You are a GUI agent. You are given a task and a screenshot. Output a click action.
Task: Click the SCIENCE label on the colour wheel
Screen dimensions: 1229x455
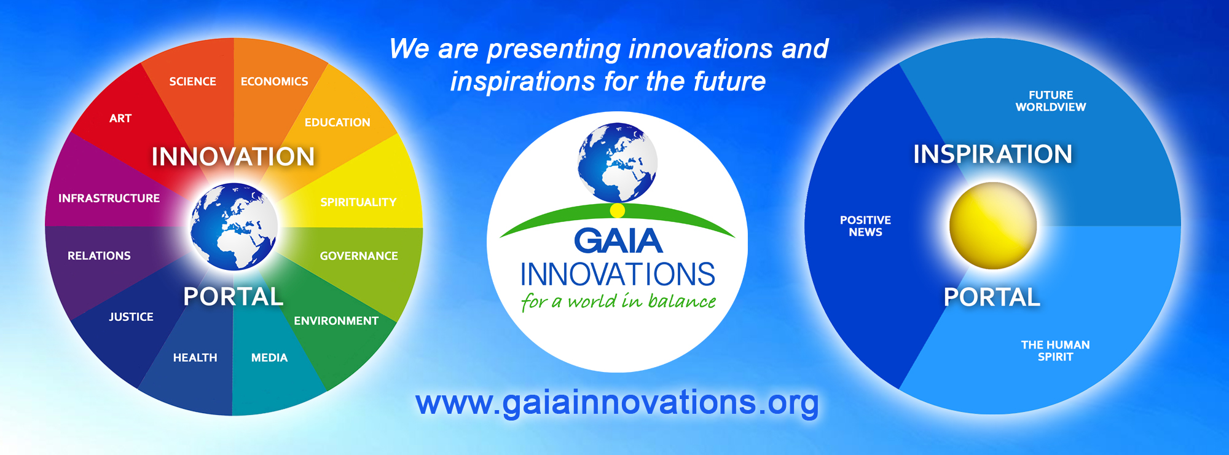tap(192, 81)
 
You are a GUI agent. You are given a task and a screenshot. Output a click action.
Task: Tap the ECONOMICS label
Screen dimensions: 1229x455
tap(274, 81)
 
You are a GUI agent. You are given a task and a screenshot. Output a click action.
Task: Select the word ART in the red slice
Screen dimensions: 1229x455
tap(120, 118)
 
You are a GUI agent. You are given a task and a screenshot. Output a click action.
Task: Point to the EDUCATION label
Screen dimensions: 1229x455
tap(337, 122)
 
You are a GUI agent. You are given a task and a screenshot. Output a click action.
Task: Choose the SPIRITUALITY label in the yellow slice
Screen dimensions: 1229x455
tap(358, 202)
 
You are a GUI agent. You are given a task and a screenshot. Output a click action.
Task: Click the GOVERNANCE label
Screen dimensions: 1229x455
tap(359, 256)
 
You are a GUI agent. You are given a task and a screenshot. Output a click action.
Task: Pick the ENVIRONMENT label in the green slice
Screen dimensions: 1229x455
tap(336, 321)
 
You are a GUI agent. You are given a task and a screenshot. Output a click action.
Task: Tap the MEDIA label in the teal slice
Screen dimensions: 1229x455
tap(269, 358)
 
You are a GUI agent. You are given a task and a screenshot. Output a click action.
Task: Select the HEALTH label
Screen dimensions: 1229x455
tap(195, 358)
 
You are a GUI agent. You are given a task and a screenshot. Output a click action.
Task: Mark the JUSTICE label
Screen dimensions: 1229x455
tap(131, 317)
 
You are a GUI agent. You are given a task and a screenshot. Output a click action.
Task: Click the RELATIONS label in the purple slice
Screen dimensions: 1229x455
tap(99, 256)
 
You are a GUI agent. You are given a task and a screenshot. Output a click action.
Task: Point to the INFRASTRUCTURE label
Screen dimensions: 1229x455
tap(109, 198)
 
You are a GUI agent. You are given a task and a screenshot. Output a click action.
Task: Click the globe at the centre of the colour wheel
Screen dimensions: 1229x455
tap(234, 227)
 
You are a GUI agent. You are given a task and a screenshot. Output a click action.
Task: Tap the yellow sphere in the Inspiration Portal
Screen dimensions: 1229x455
tap(993, 226)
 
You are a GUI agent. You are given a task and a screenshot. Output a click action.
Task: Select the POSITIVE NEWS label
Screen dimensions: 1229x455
tap(865, 226)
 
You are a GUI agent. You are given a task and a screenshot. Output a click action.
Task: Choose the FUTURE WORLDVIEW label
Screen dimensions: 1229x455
tap(1051, 101)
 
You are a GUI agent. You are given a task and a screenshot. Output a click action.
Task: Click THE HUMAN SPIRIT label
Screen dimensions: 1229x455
tap(1055, 351)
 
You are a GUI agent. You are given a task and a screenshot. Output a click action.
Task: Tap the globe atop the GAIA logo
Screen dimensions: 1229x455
tap(618, 162)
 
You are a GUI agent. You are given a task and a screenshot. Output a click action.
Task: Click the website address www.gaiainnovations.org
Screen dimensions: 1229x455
tap(617, 403)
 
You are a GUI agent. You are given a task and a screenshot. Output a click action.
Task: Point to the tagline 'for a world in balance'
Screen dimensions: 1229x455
tap(618, 301)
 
